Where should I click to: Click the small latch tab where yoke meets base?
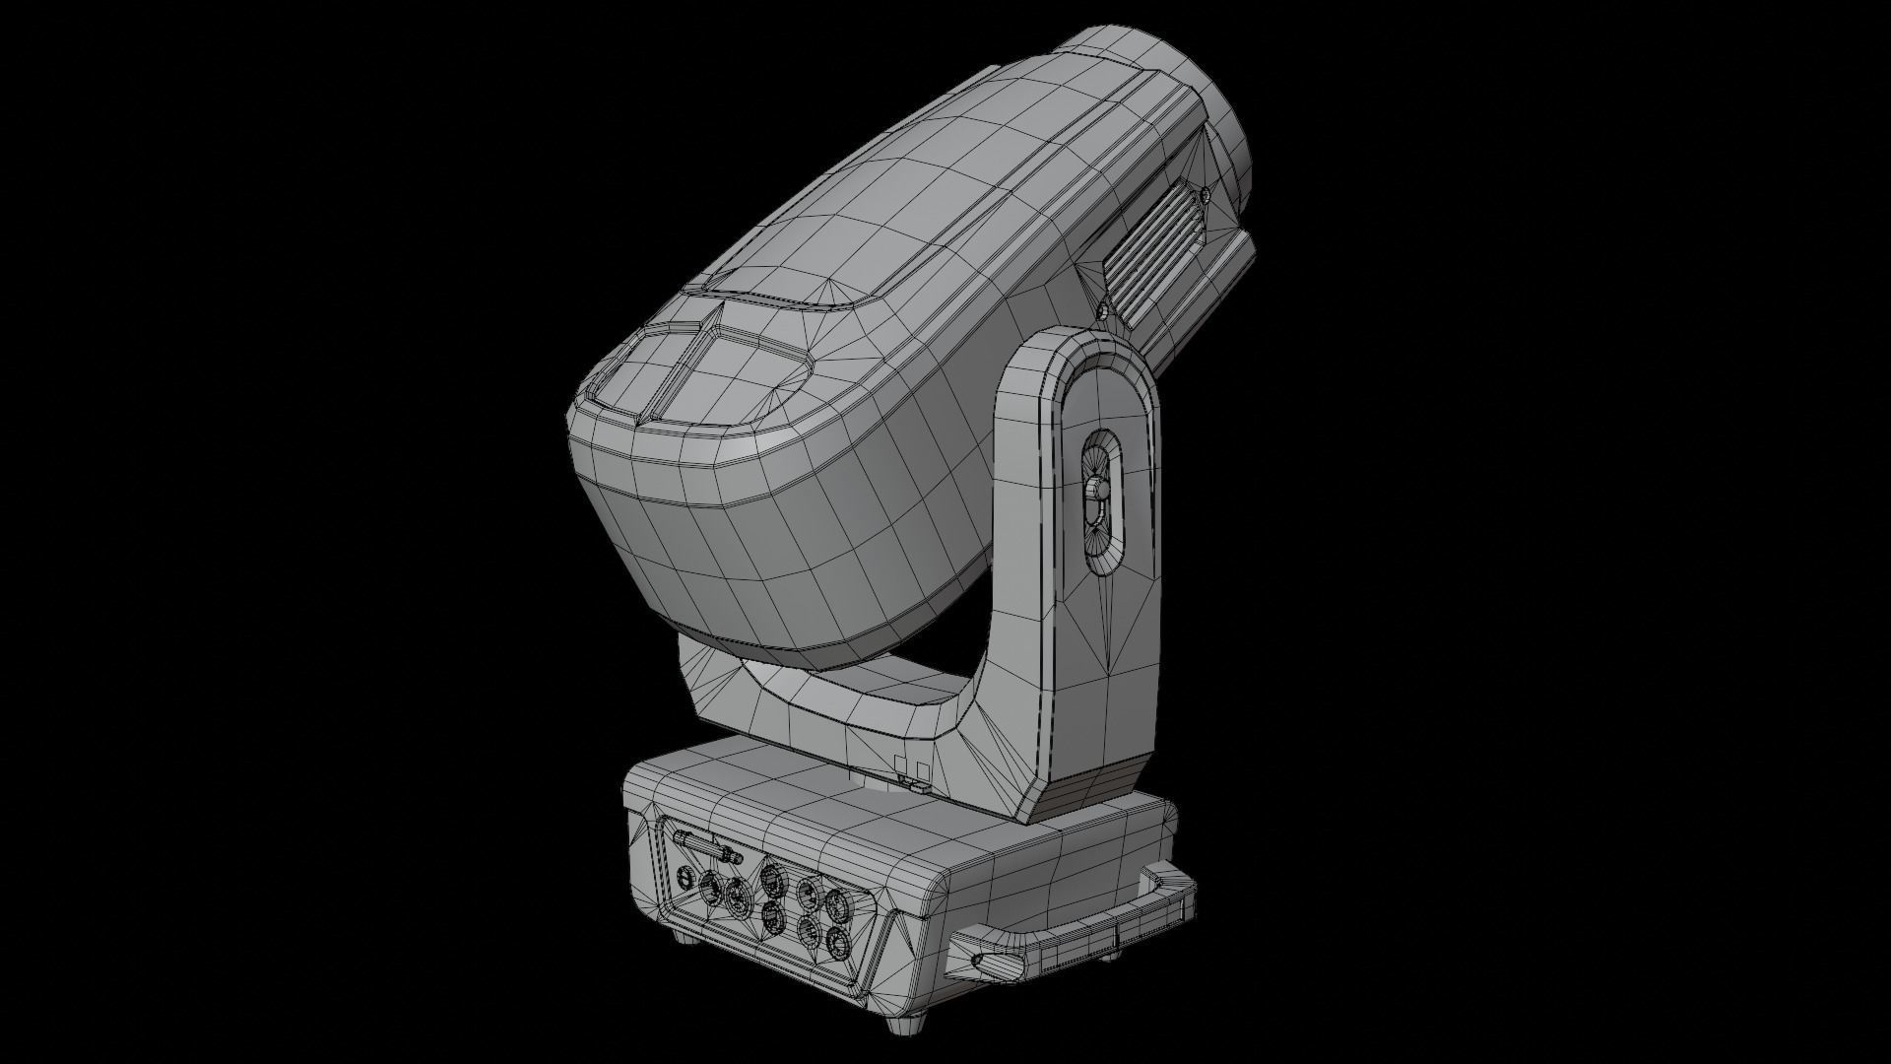(x=913, y=784)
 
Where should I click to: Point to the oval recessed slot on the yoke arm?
(x=1102, y=502)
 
